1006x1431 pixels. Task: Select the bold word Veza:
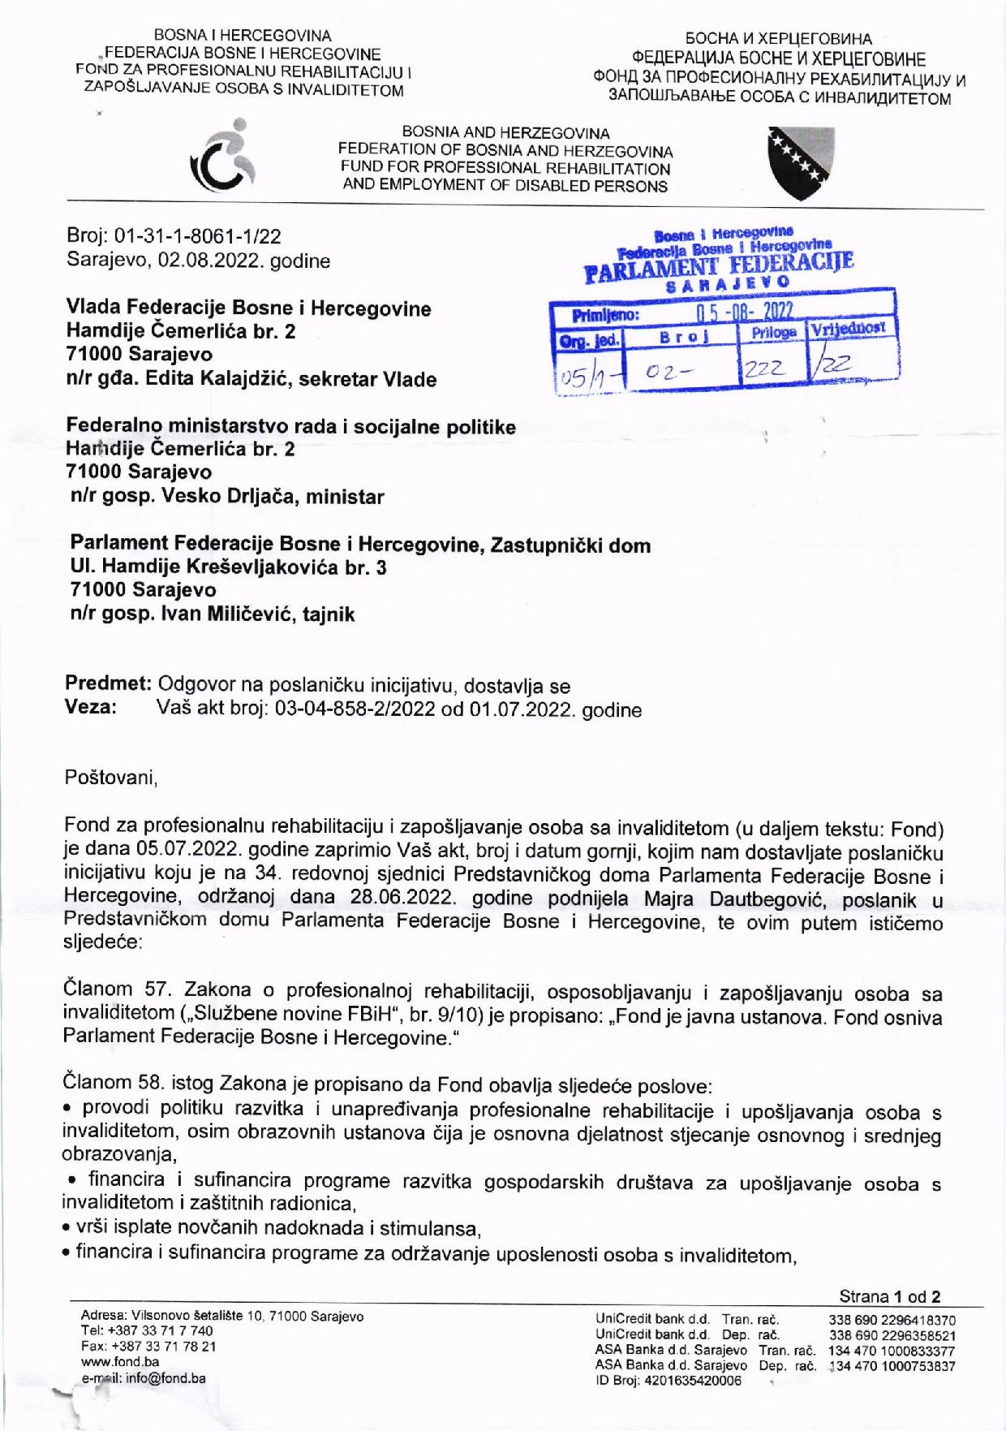click(91, 708)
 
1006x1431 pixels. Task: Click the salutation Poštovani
click(110, 778)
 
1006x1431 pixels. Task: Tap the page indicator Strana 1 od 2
click(890, 1296)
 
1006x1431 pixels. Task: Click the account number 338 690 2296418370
click(892, 1321)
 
